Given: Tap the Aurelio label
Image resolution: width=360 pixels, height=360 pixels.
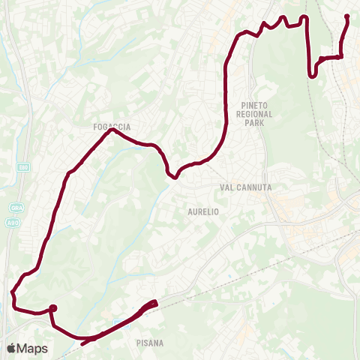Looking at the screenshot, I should coord(202,212).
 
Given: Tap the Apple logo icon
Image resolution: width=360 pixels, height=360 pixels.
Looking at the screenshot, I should coord(12,348).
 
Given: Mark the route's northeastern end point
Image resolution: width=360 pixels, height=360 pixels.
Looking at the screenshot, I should coord(346,16).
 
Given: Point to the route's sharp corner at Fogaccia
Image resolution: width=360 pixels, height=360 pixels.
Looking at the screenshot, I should coord(111,130).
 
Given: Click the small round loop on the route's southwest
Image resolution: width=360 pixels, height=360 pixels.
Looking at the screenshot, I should coord(53,307).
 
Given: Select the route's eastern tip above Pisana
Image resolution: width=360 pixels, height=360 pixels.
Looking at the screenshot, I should coord(155,302).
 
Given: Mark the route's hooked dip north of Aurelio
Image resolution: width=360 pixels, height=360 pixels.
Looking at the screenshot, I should coord(174,177).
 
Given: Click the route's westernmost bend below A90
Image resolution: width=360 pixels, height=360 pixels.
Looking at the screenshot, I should coord(13,292).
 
